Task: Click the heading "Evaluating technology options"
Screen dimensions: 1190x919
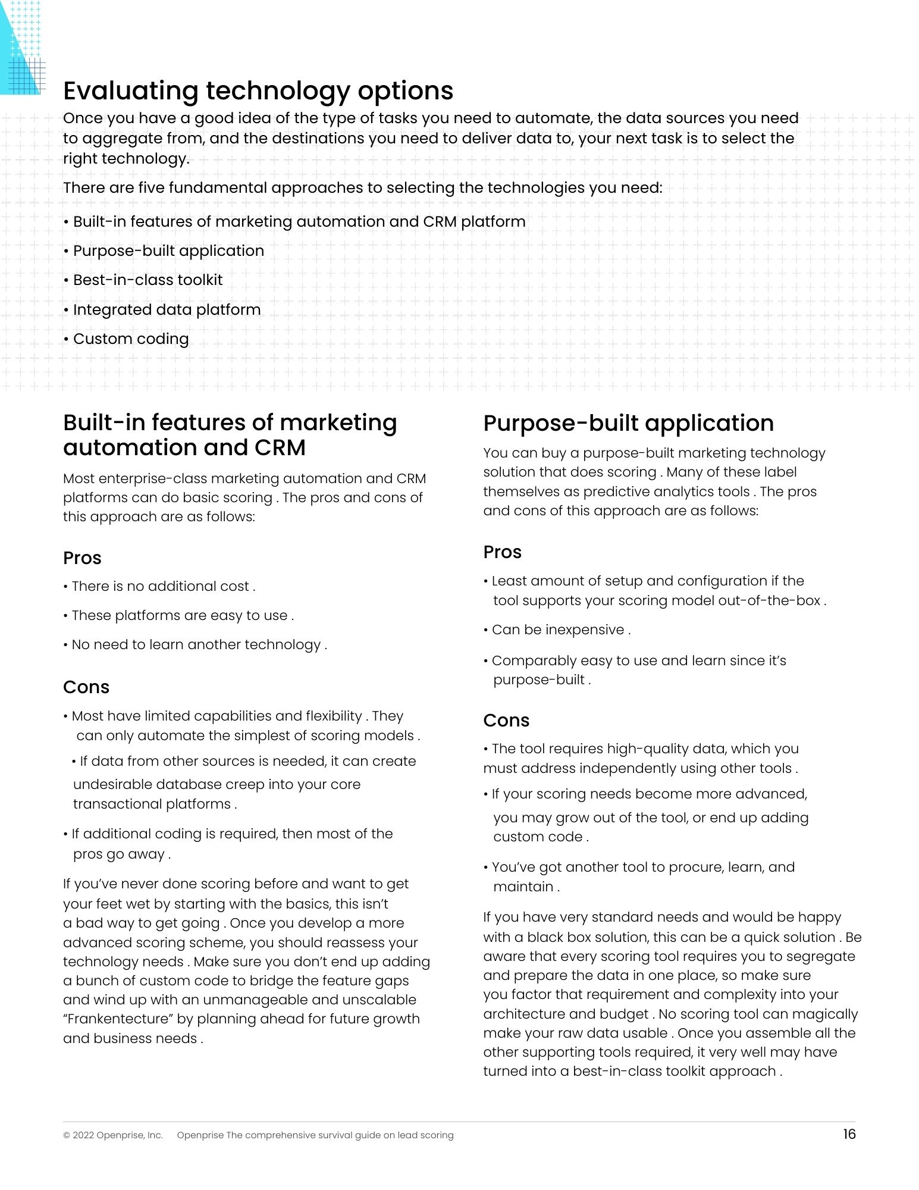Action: click(x=258, y=91)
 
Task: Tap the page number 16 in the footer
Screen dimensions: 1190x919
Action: click(x=849, y=1134)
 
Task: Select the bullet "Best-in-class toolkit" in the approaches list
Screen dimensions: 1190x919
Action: click(x=147, y=280)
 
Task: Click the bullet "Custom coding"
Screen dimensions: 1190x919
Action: click(x=130, y=339)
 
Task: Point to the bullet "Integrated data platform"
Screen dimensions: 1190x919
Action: click(x=166, y=309)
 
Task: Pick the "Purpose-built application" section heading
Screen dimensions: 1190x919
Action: click(x=628, y=423)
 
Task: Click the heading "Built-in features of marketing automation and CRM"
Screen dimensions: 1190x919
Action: click(x=230, y=435)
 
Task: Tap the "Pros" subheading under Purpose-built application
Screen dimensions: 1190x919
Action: click(x=502, y=552)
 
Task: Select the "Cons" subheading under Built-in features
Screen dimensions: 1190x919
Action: click(x=86, y=687)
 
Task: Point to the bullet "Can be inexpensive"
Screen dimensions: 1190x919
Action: click(x=560, y=630)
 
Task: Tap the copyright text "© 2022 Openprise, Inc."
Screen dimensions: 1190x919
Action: click(x=113, y=1135)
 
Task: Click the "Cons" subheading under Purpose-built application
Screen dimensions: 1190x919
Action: click(x=506, y=721)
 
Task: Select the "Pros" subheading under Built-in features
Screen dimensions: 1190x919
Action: click(x=82, y=558)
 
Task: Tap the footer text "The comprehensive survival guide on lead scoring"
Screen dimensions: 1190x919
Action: click(x=340, y=1135)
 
